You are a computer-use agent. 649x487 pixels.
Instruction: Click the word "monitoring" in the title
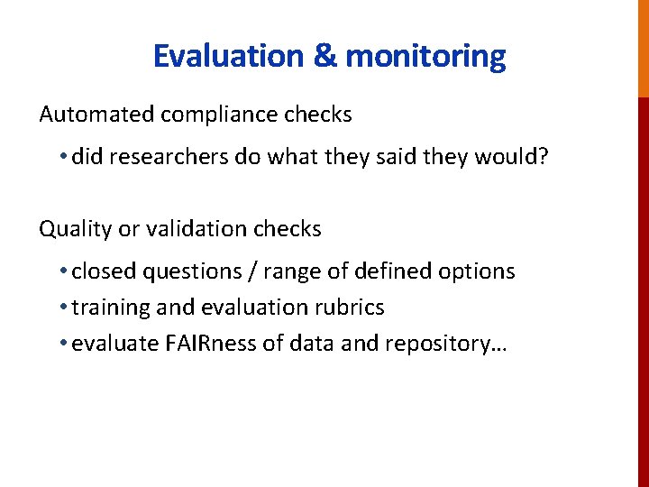[425, 57]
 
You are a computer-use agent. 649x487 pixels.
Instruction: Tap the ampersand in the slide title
[324, 57]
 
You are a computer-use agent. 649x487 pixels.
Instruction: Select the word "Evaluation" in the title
[229, 57]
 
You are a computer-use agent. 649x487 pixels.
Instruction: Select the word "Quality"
[75, 230]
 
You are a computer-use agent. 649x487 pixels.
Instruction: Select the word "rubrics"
[352, 308]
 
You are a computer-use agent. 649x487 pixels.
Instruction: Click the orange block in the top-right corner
[643, 48]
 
